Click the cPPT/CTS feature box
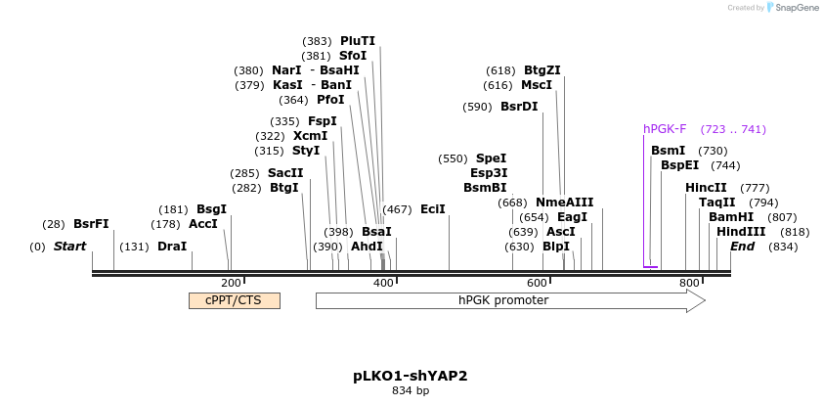(234, 300)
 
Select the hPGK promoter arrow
(508, 300)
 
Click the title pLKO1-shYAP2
(411, 376)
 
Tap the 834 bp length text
(411, 391)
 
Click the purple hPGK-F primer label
(665, 129)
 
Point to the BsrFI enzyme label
(91, 224)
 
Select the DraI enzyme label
(172, 247)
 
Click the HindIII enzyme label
(741, 232)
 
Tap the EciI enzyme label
(433, 209)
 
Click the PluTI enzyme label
(358, 41)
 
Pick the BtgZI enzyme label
(542, 70)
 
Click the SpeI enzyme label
(491, 158)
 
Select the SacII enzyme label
(285, 173)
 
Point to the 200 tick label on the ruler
(232, 283)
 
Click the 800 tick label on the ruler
(689, 283)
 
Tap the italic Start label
(70, 247)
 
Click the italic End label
(742, 247)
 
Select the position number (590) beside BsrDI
(478, 107)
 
